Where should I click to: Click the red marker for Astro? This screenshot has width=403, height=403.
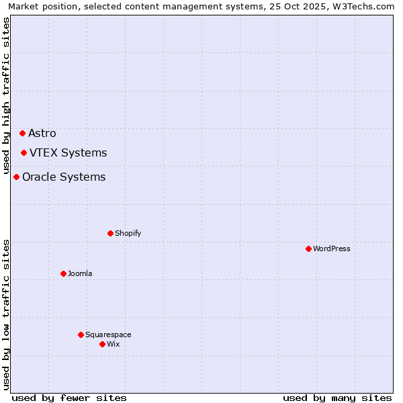[x=22, y=133]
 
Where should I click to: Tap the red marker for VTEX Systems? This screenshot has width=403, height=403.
[x=24, y=152]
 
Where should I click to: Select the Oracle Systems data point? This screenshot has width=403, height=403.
[x=16, y=177]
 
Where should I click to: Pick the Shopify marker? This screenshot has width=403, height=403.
[x=110, y=233]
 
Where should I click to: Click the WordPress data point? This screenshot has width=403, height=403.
[x=308, y=249]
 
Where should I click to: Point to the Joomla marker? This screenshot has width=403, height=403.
[x=63, y=273]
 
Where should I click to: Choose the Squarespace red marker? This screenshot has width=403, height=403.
[x=81, y=334]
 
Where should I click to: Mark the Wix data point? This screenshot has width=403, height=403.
[x=102, y=344]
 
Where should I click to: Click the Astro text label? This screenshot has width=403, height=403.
[x=42, y=133]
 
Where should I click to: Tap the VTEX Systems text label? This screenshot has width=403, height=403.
[x=68, y=152]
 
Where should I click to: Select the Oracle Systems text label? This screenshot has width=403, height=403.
[x=64, y=177]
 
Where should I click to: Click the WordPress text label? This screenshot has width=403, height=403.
[x=332, y=249]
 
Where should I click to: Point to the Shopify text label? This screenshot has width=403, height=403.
[x=128, y=233]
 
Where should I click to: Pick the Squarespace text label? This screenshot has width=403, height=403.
[x=108, y=334]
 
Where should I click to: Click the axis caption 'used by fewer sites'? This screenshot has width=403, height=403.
[x=69, y=398]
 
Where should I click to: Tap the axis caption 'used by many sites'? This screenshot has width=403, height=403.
[x=337, y=398]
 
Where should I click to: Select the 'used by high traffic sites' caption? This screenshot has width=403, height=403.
[x=7, y=95]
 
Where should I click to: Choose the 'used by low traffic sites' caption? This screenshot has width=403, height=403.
[x=7, y=314]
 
